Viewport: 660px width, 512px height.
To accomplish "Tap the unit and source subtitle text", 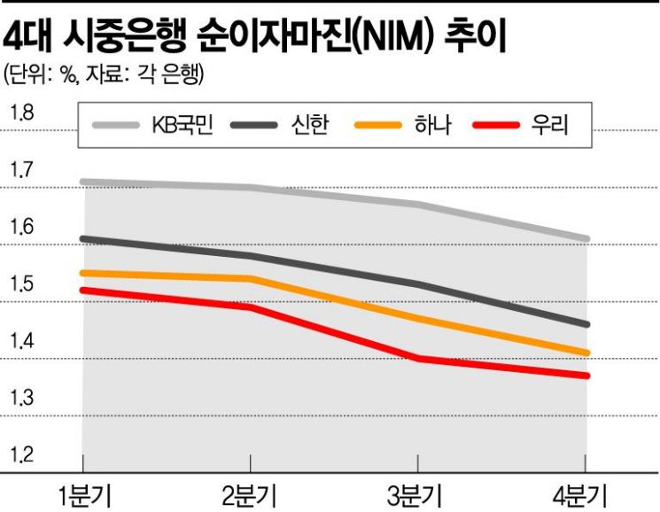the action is (x=103, y=75).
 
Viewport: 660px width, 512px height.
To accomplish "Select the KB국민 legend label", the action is (x=182, y=125).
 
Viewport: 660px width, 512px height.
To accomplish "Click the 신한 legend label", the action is (x=309, y=125).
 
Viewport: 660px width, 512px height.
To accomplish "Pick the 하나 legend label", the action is (x=433, y=125).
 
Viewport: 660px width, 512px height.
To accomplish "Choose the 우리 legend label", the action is (x=550, y=125).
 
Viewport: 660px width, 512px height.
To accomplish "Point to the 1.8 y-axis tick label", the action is (x=22, y=113).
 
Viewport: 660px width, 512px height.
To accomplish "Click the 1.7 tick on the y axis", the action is (x=22, y=170).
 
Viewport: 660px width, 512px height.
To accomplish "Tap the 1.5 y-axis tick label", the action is (x=22, y=284).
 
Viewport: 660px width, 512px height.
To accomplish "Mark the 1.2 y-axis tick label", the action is (x=22, y=454).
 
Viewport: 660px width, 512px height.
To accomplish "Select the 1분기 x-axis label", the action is (x=85, y=496).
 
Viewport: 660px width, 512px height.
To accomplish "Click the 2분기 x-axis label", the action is (x=250, y=496).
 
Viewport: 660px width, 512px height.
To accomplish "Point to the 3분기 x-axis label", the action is (x=415, y=496).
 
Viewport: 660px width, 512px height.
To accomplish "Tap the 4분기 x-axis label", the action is (x=580, y=496).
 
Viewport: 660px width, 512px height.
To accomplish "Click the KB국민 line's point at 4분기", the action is (x=586, y=239).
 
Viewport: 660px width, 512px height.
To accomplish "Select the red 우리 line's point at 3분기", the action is (x=418, y=359).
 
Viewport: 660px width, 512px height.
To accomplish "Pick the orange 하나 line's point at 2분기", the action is (x=251, y=278).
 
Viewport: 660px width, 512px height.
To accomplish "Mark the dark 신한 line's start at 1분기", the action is (x=83, y=239).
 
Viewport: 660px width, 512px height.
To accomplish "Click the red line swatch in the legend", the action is (x=496, y=125).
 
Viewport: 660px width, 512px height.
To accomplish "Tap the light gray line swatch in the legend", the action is (x=116, y=125).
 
